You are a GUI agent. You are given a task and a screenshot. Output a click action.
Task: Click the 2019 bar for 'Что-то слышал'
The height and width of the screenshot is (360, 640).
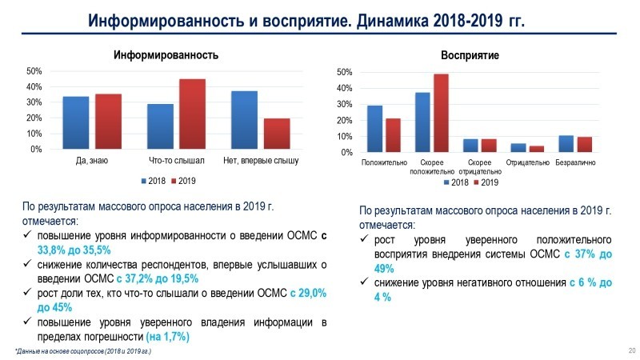(192, 114)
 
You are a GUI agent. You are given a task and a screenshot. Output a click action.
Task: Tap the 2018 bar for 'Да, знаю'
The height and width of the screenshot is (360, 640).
(75, 123)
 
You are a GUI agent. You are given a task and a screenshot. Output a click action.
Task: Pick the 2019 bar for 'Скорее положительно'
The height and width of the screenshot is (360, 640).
(441, 113)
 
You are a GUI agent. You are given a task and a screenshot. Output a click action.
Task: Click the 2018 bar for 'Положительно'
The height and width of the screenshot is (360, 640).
(374, 129)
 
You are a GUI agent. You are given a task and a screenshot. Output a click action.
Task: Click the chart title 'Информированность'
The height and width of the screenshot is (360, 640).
(166, 55)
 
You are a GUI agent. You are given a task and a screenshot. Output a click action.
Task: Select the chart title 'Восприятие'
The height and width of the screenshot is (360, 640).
(470, 56)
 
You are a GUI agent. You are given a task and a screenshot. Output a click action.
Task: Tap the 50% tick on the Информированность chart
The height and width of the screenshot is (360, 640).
(34, 71)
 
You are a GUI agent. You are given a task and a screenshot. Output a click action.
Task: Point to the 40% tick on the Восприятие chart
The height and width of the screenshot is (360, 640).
(344, 89)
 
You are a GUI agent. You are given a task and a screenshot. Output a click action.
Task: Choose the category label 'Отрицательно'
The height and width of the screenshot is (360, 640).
(528, 163)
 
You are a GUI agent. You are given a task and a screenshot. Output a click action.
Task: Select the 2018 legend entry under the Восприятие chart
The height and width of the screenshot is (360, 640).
(455, 182)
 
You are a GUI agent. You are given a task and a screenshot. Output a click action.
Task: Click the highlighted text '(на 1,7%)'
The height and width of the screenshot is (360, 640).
(167, 337)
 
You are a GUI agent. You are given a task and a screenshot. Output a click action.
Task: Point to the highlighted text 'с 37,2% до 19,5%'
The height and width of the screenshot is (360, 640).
(157, 279)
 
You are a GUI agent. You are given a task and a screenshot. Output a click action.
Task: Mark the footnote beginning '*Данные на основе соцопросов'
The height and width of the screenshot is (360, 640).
(83, 351)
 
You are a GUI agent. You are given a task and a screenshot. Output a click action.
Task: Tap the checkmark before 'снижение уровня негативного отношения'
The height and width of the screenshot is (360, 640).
(366, 282)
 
